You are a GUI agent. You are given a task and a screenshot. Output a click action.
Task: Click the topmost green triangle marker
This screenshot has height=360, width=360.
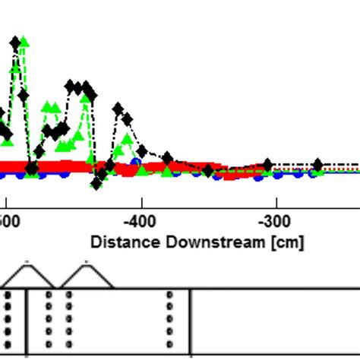24,41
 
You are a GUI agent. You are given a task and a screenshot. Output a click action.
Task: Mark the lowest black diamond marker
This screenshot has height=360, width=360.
97,182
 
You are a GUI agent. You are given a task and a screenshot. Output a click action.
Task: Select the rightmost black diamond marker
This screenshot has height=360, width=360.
317,165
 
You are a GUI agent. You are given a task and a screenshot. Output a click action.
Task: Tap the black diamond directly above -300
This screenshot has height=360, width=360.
267,165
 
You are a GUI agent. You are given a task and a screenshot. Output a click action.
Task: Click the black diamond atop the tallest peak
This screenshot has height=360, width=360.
15,43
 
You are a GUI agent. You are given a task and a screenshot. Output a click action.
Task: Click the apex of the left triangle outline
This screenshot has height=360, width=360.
27,263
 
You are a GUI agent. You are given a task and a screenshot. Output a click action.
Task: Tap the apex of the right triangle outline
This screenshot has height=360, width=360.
86,263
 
